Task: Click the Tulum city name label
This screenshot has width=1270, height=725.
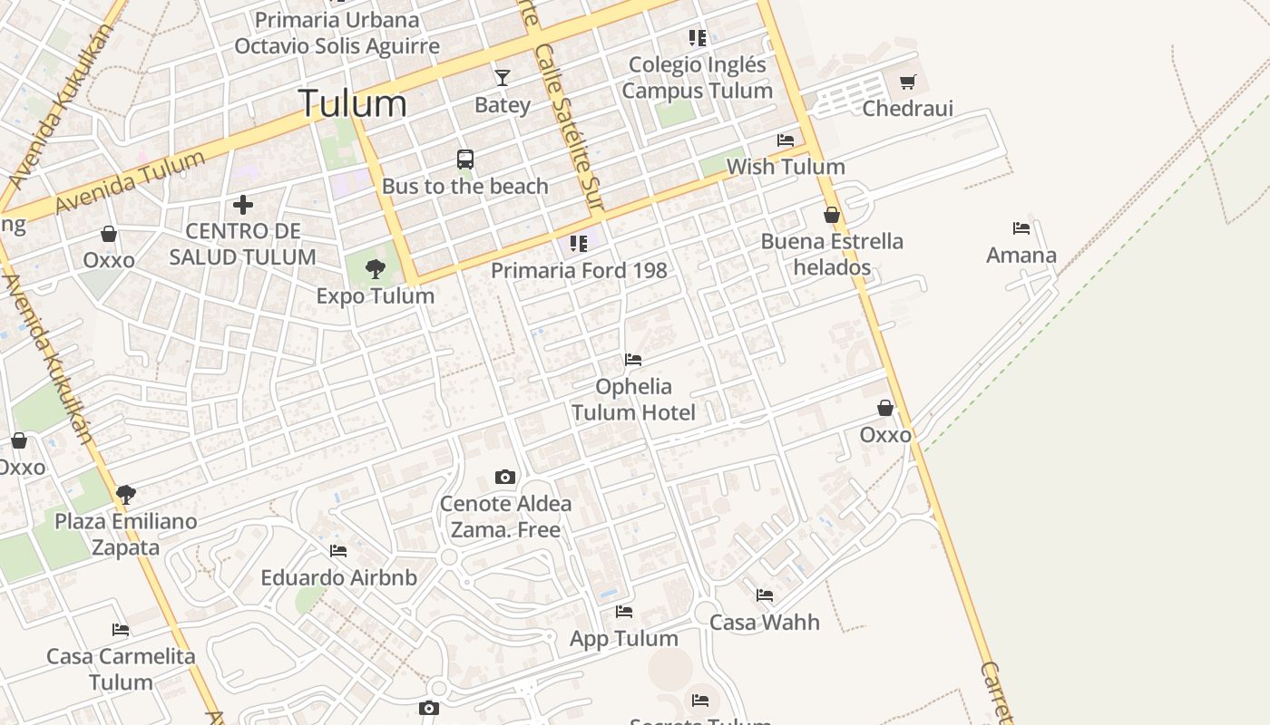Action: [353, 103]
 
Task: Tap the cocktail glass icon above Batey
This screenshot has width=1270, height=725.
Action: [503, 78]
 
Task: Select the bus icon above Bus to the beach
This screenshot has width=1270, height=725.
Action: [465, 159]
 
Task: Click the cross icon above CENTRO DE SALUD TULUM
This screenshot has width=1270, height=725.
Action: [242, 205]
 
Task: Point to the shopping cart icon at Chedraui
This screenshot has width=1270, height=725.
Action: [908, 82]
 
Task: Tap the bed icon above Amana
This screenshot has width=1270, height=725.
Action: [1021, 228]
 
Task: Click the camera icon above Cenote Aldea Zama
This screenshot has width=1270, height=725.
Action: [505, 478]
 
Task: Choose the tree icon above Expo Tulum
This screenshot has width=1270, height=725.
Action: [375, 269]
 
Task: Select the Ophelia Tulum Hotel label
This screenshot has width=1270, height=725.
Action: [633, 400]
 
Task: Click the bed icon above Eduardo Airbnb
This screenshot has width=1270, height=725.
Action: [338, 551]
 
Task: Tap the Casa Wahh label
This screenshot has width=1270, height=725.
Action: [764, 623]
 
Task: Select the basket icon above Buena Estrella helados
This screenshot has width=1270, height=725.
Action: [832, 216]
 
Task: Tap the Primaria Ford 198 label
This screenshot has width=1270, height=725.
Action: [579, 270]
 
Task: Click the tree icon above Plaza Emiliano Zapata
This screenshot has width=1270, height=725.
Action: [126, 495]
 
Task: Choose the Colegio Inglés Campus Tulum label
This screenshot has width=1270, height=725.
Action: [698, 78]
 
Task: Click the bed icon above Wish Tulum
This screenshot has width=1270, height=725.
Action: [786, 140]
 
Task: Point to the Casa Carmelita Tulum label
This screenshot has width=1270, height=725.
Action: [121, 669]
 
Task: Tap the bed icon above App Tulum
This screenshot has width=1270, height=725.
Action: [624, 612]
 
